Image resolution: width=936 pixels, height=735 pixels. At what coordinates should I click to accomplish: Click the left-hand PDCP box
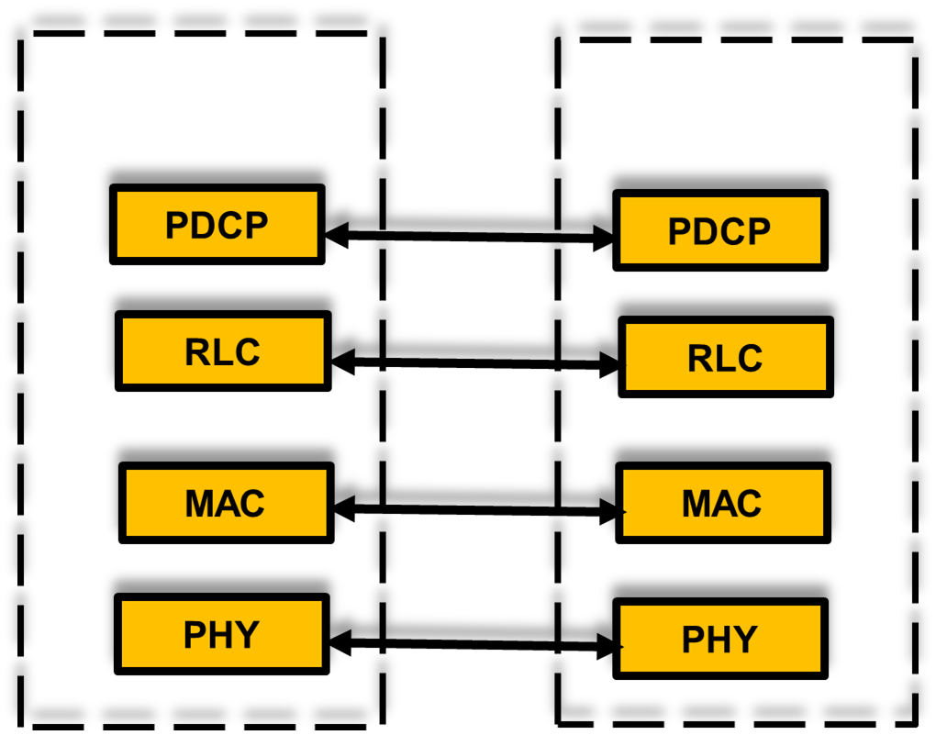[x=217, y=224]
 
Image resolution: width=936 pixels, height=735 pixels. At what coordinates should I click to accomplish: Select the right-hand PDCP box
[x=720, y=230]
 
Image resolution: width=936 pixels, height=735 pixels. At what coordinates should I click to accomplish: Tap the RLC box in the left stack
[x=223, y=351]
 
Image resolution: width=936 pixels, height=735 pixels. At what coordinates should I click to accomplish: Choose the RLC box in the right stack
[x=726, y=357]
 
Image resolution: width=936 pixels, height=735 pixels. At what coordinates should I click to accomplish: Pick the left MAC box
[x=227, y=503]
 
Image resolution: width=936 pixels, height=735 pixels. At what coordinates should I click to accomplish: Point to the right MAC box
[x=723, y=503]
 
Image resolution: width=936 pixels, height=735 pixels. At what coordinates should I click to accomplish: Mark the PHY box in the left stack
[x=222, y=634]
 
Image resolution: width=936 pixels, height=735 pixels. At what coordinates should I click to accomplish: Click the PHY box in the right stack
[x=720, y=639]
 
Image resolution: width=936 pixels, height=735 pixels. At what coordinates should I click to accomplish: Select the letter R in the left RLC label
[x=197, y=352]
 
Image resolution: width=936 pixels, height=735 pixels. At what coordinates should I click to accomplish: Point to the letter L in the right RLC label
[x=725, y=359]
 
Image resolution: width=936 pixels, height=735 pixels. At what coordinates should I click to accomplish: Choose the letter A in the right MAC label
[x=722, y=504]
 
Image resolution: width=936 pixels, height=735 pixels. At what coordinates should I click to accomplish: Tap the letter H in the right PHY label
[x=719, y=640]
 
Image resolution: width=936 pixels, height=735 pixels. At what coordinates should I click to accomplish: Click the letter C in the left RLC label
[x=247, y=352]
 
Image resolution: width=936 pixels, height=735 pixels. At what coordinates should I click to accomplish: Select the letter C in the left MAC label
[x=251, y=504]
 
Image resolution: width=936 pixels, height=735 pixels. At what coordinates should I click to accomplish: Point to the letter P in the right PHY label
[x=693, y=640]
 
